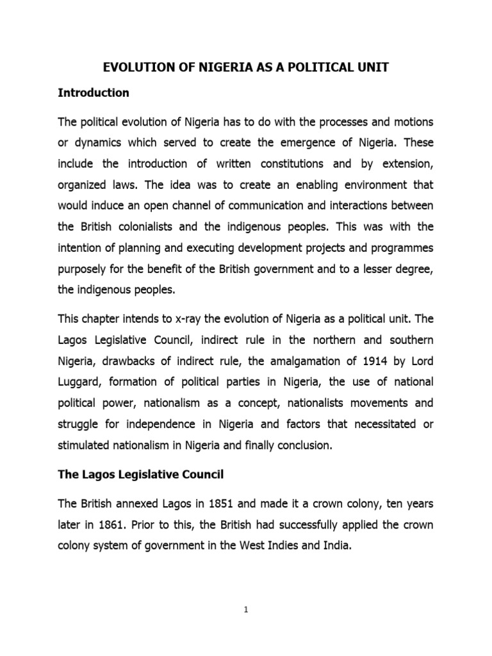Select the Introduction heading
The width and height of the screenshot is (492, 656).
tap(94, 93)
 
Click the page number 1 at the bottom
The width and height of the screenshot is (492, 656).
tap(245, 611)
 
